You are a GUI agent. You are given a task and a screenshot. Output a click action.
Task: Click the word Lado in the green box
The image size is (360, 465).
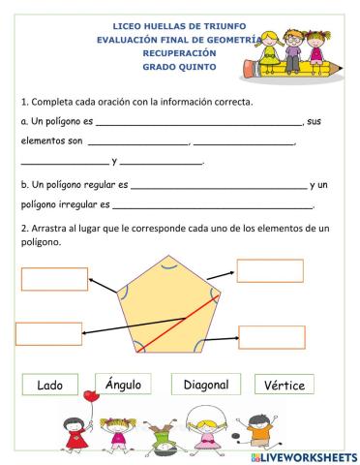pyautogui.click(x=49, y=385)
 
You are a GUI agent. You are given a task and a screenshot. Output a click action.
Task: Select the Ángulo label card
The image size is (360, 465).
pyautogui.click(x=123, y=385)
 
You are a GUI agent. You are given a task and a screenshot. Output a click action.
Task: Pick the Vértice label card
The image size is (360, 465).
pyautogui.click(x=284, y=385)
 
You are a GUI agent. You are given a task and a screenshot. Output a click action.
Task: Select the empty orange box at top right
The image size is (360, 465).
pyautogui.click(x=270, y=271)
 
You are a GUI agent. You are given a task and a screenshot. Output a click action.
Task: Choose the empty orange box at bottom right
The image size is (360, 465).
pyautogui.click(x=271, y=337)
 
